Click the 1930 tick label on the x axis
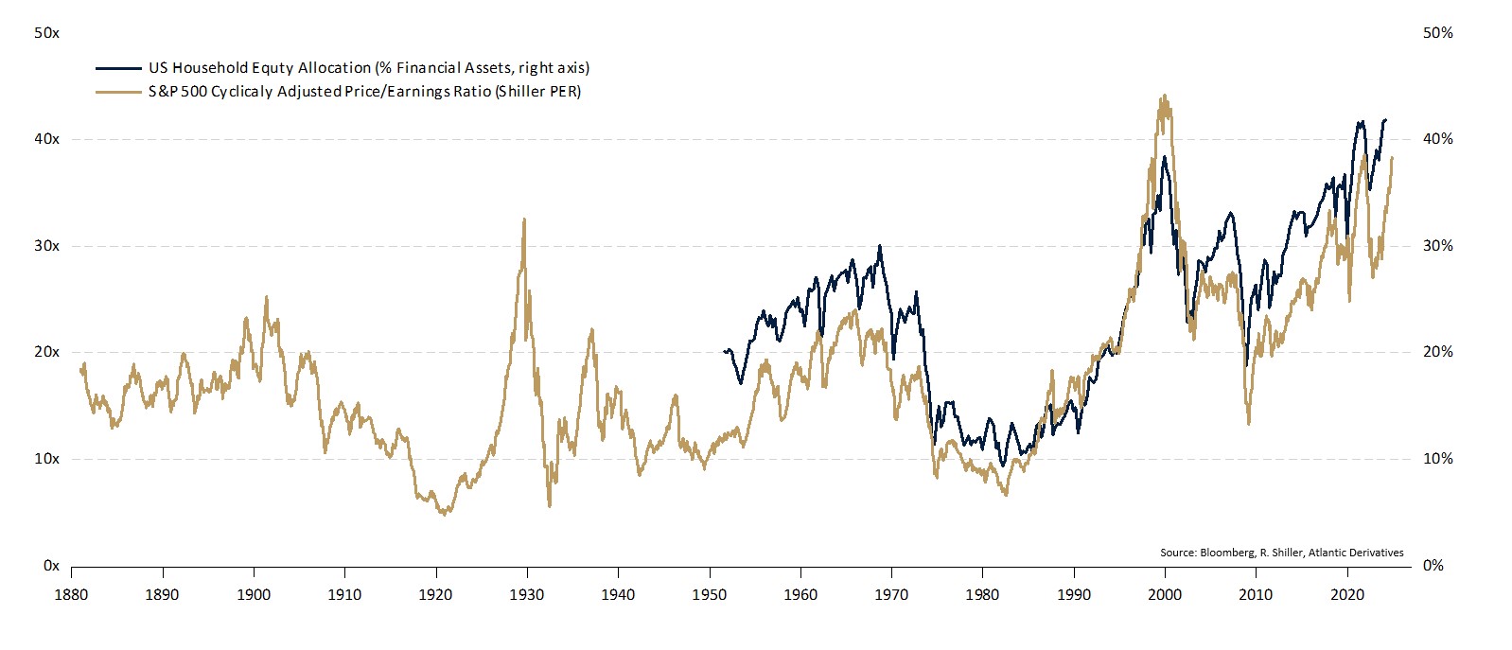click(x=527, y=595)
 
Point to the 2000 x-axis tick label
click(x=1165, y=595)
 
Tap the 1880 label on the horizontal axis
click(x=72, y=595)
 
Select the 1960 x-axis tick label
click(x=800, y=595)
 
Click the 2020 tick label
click(x=1347, y=595)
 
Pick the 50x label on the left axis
click(x=46, y=33)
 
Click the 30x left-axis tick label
click(x=46, y=246)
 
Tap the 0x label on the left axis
click(x=51, y=566)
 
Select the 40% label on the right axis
click(x=1437, y=139)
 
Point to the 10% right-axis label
click(x=1437, y=459)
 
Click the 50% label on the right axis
click(x=1437, y=33)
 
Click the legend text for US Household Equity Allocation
click(x=368, y=68)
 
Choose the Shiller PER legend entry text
click(x=364, y=92)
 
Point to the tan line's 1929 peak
click(x=523, y=220)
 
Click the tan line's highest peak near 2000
click(x=1163, y=96)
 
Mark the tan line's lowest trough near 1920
click(x=444, y=514)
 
